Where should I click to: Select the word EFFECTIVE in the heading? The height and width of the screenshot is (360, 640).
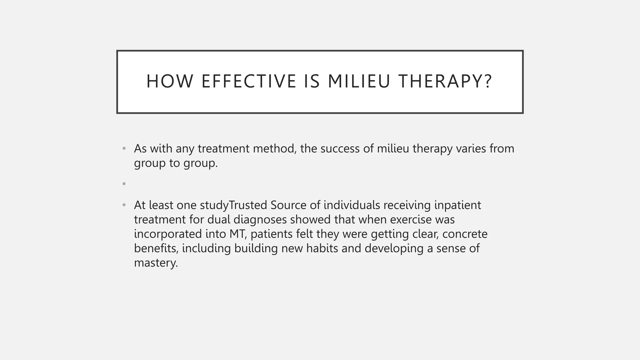coord(249,81)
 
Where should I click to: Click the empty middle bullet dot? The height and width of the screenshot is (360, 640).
coord(124,184)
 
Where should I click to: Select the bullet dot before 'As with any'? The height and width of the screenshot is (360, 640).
coord(124,148)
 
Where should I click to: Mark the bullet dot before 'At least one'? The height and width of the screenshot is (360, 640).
coord(124,205)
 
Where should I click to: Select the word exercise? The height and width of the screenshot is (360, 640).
coord(411,220)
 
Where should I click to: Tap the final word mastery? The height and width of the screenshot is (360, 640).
coord(156,263)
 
